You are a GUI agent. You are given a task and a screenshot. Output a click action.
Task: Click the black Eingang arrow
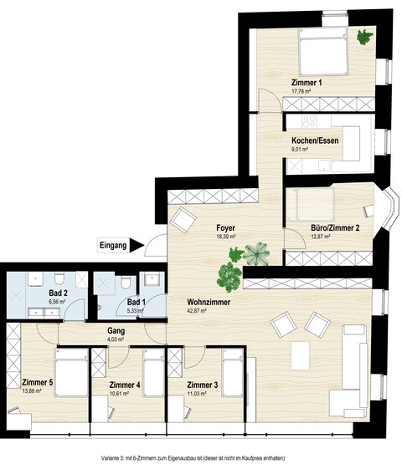click(x=136, y=245)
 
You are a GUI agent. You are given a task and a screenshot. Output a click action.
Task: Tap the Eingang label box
click(x=113, y=245)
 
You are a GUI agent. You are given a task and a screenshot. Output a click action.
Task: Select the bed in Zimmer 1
click(x=322, y=52)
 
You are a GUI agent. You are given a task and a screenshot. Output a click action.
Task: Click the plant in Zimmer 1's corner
click(x=364, y=37)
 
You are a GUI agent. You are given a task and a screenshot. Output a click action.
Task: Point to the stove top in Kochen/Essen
click(x=308, y=121)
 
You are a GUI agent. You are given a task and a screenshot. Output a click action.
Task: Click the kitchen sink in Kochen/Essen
click(x=324, y=166)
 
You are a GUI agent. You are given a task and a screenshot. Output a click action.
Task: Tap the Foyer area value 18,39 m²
click(x=226, y=237)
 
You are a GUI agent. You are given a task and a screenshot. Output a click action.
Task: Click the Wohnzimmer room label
click(x=209, y=302)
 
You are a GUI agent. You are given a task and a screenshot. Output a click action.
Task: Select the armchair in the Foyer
click(x=183, y=220)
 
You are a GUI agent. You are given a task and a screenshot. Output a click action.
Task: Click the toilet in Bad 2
click(x=59, y=278)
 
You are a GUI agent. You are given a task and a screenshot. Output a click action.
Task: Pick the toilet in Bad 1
click(x=126, y=282)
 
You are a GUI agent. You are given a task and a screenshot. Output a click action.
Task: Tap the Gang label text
click(x=116, y=331)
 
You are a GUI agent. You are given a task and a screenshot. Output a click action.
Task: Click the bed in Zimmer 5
click(x=71, y=372)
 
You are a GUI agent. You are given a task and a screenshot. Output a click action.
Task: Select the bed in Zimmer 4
click(x=153, y=372)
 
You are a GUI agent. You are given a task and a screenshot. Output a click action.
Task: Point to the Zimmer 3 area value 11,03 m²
click(x=197, y=394)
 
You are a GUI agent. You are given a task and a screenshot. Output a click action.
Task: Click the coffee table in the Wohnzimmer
click(x=300, y=355)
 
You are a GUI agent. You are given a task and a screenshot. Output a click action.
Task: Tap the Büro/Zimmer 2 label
click(x=335, y=228)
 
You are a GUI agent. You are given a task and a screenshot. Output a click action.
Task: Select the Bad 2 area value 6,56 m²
click(x=57, y=302)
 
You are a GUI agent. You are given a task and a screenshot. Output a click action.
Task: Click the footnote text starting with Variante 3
click(x=193, y=458)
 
